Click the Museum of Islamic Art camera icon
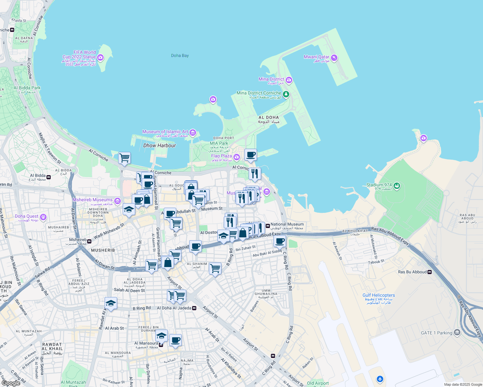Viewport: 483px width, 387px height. [193, 133]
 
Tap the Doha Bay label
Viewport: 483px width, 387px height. [180, 55]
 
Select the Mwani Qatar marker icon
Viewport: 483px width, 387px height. [334, 58]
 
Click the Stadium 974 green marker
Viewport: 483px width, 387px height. [397, 186]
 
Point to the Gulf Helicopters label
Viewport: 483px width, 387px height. [378, 295]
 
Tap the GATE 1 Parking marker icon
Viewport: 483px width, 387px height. [457, 332]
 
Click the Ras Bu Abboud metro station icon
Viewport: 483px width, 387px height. [430, 272]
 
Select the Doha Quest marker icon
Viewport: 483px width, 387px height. [43, 217]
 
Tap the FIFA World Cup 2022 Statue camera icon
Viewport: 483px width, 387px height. [100, 57]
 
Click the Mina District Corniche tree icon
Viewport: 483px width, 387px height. [286, 94]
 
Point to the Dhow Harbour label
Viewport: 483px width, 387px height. [159, 145]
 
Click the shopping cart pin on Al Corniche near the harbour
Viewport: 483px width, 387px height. [124, 158]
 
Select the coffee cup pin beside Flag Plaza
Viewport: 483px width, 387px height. [251, 155]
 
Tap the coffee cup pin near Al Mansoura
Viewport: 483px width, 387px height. [175, 340]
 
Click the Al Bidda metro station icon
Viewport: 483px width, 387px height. [49, 177]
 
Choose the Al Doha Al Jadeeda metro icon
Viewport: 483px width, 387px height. [194, 308]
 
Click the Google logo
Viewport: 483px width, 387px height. [11, 383]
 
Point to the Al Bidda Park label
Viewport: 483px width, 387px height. [27, 88]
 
